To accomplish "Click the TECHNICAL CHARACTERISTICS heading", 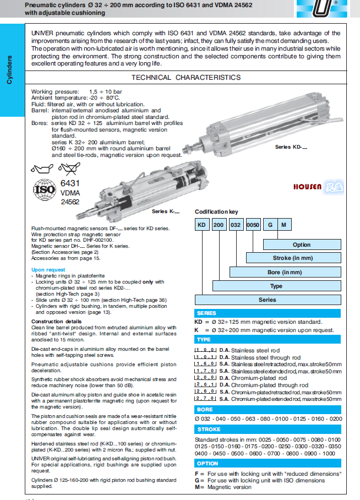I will point(186,78).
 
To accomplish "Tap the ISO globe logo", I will point(45,191).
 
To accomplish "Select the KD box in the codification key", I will point(202,225).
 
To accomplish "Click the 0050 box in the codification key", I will point(253,225).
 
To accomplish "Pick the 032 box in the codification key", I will point(236,225).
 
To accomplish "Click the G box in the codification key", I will point(270,225).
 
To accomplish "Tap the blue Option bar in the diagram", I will point(301,244).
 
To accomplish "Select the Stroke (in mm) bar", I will point(292,258).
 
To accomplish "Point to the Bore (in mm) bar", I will point(285,272).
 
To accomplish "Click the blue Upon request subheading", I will point(48,270).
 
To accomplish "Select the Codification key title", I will point(216,211).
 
